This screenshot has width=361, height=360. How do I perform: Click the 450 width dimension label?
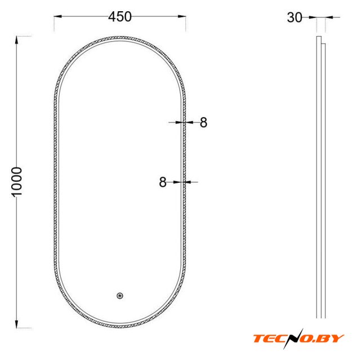120,16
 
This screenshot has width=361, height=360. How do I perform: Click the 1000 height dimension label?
16,182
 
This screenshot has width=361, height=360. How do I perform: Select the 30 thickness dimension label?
294,17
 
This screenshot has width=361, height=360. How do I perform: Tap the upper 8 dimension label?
203,122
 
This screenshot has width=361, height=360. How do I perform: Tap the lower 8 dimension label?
163,182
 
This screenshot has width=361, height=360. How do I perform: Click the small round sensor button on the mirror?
120,296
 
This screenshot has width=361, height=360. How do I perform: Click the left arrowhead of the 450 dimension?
58,16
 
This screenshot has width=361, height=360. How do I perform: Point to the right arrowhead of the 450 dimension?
182,16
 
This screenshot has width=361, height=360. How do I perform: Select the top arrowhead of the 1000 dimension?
16,40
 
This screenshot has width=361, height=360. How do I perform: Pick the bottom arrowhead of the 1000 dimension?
16,324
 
